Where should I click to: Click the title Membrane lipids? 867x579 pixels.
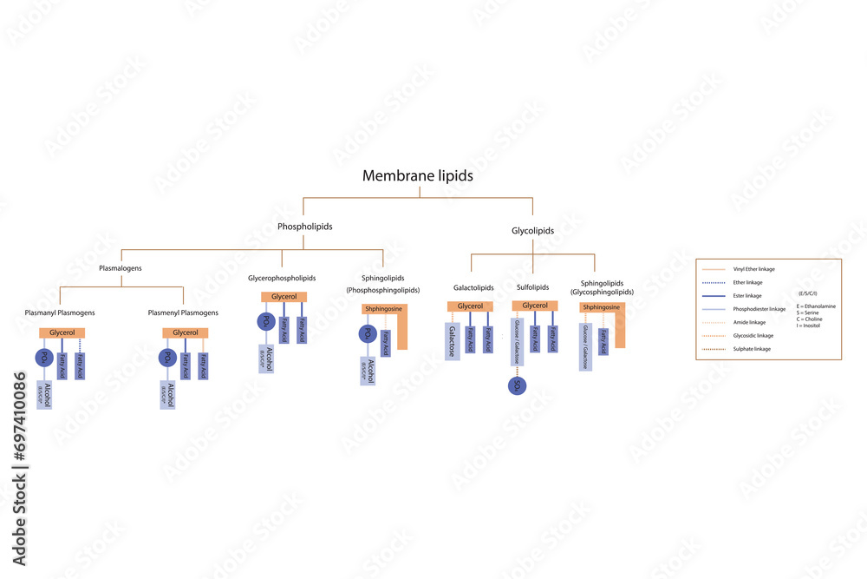[418, 175]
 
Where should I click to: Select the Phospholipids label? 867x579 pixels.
[304, 227]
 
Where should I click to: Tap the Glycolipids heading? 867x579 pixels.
[533, 231]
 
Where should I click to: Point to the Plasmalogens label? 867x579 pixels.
[121, 268]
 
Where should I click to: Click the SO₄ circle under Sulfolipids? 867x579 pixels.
[518, 385]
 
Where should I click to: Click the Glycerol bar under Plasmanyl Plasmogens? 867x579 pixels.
[62, 332]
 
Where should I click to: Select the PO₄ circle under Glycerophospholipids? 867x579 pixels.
[264, 321]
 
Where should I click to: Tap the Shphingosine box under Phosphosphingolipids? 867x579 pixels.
[384, 308]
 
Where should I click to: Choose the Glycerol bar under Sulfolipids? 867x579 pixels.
[535, 306]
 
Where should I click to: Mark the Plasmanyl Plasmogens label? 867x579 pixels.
[60, 313]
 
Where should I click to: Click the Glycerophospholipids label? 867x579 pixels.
[282, 279]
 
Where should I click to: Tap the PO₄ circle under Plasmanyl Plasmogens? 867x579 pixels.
[43, 358]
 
